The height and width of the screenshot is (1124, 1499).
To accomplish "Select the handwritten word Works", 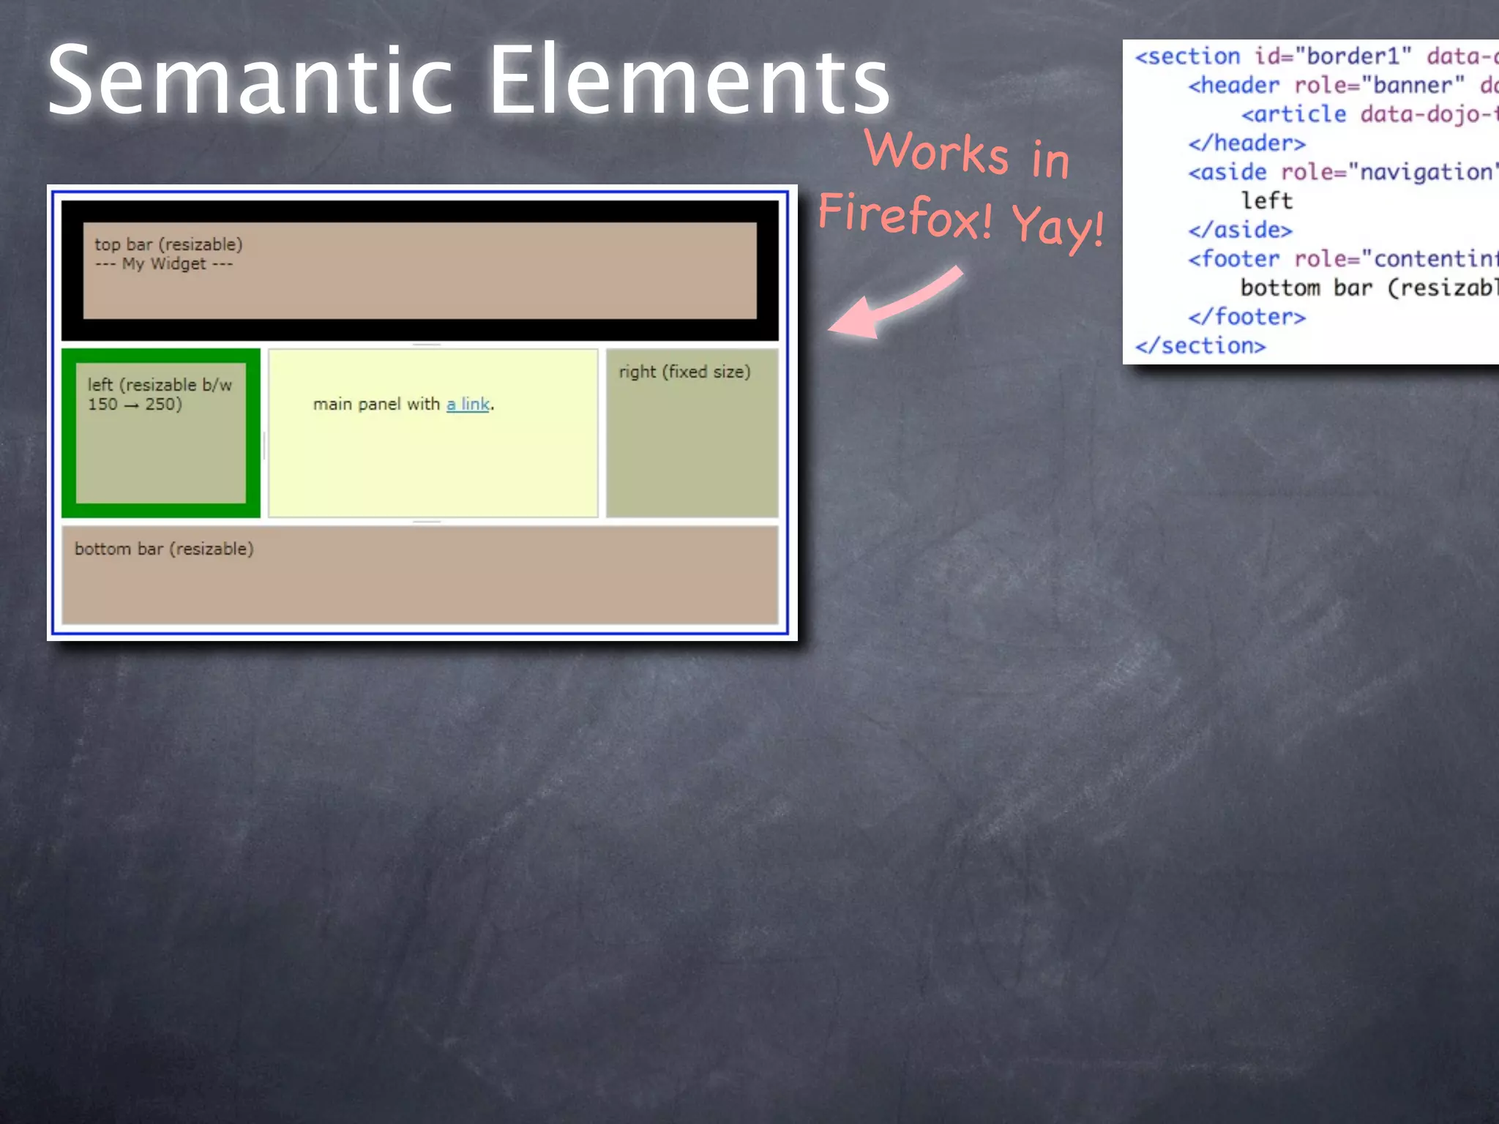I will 937,151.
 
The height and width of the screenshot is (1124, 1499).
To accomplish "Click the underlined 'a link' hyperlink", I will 468,404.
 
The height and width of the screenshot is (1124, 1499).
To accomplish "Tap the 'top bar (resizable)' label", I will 168,244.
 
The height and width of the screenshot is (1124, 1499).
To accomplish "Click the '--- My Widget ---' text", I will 164,263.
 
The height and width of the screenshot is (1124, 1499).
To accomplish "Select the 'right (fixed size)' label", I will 684,372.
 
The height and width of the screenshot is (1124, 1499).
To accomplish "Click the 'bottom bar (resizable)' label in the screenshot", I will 164,549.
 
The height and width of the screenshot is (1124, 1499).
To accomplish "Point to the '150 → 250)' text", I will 135,404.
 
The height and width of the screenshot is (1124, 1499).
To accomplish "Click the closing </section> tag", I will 1200,345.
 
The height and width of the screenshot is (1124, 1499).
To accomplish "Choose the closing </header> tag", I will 1246,143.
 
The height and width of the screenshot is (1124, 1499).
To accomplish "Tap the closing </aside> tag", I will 1240,230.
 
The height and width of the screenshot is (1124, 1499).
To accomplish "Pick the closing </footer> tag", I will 1246,317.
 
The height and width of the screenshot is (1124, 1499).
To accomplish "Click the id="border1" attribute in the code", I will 1333,56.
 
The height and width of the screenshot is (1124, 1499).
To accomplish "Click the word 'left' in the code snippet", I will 1267,201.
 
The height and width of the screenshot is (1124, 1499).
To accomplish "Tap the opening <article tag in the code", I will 1293,114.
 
